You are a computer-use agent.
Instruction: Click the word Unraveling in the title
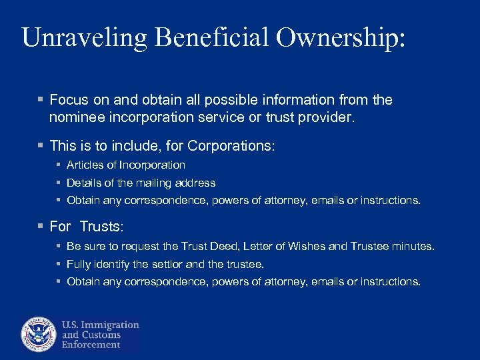tap(84, 38)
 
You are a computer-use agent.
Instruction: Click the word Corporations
tap(231, 145)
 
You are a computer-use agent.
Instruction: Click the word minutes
tap(414, 247)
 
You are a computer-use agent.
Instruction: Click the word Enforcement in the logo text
tap(91, 345)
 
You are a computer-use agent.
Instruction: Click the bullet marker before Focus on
tap(41, 100)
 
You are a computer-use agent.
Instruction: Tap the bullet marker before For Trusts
tap(41, 227)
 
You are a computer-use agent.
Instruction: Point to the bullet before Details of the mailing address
tap(59, 183)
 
